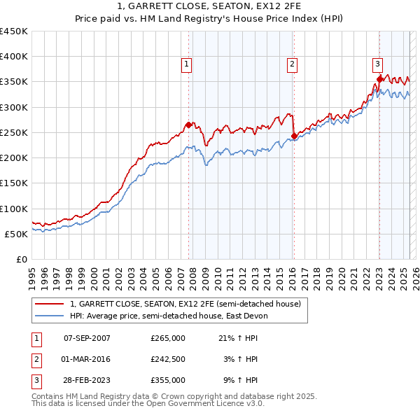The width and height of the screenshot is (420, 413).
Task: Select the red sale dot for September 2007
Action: pyautogui.click(x=188, y=125)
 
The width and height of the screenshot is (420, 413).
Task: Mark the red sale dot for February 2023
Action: pyautogui.click(x=379, y=79)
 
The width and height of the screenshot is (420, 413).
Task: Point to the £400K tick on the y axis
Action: pyautogui.click(x=14, y=57)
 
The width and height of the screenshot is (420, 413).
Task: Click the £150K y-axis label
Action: pyautogui.click(x=14, y=183)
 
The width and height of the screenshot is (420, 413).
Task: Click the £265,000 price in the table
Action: pyautogui.click(x=168, y=338)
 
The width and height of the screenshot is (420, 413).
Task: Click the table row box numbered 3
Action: pyautogui.click(x=36, y=381)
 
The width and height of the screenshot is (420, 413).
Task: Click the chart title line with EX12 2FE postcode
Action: pyautogui.click(x=210, y=7)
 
